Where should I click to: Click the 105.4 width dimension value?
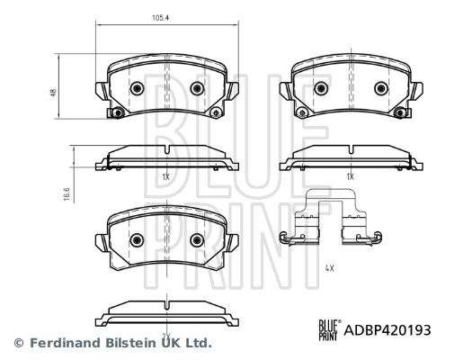pyautogui.click(x=161, y=18)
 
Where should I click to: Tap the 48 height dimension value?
pyautogui.click(x=54, y=93)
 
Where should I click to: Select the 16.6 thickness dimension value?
pyautogui.click(x=67, y=194)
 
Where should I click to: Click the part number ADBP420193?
pyautogui.click(x=387, y=330)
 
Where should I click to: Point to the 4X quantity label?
pyautogui.click(x=330, y=268)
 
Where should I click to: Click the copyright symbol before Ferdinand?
pyautogui.click(x=19, y=343)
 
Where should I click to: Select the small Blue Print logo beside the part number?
pyautogui.click(x=330, y=330)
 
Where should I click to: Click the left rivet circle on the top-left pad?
pyautogui.click(x=137, y=88)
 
